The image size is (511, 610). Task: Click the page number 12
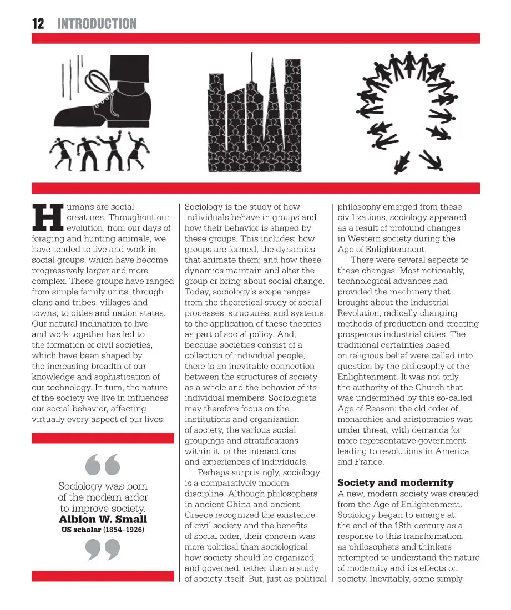38,23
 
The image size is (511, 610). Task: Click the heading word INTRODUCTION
97,23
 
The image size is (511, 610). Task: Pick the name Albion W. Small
103,520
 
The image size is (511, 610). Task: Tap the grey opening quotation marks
103,465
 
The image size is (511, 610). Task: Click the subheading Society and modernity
395,483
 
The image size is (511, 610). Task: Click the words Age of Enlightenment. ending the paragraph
382,250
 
